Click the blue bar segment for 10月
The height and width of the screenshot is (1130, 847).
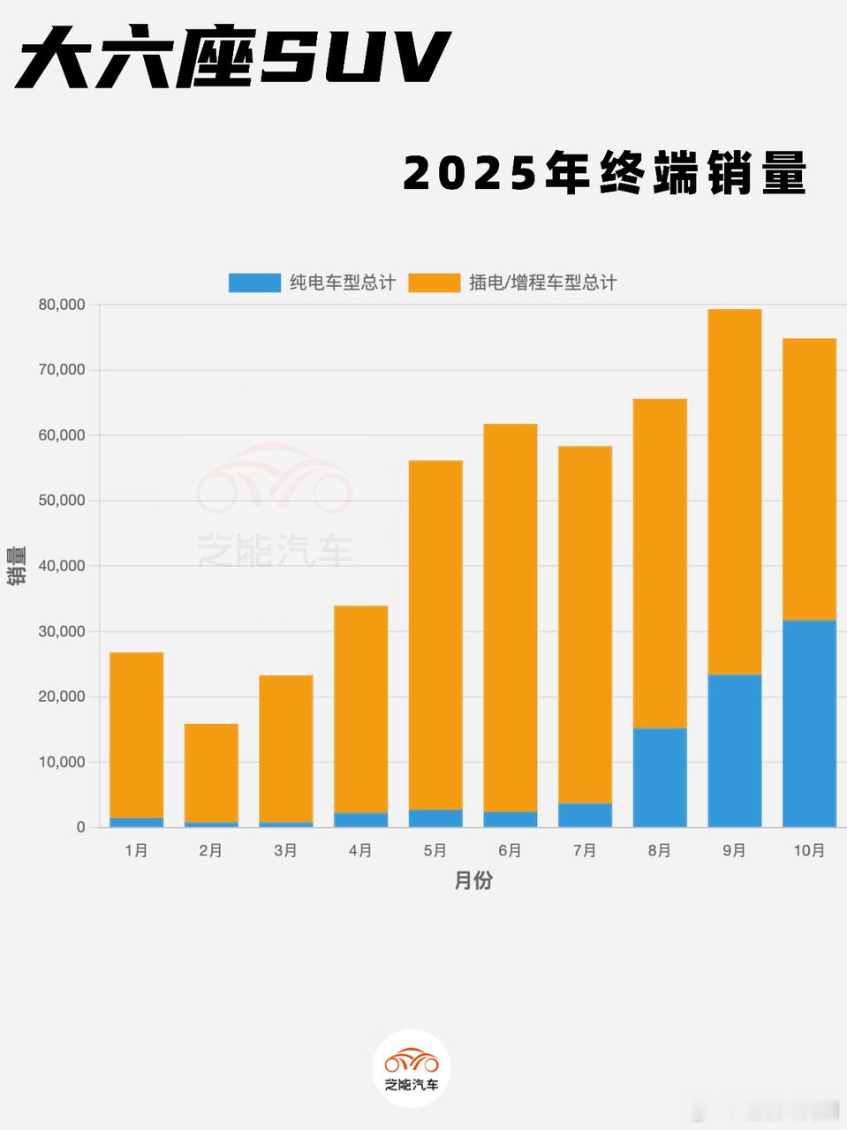[x=809, y=724]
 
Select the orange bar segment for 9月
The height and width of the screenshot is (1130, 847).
[x=734, y=492]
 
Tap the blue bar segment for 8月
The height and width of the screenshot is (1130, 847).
[x=660, y=778]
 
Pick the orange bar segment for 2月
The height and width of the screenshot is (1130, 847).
[x=211, y=773]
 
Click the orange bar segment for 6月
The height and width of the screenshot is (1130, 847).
[x=510, y=618]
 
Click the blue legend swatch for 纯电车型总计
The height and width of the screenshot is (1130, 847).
[x=255, y=282]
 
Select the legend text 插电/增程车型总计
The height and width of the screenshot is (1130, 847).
[x=542, y=282]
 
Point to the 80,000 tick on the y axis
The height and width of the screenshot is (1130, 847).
[x=62, y=305]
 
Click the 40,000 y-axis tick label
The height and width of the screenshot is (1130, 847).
[x=62, y=566]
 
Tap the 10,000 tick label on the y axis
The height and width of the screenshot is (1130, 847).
[x=62, y=762]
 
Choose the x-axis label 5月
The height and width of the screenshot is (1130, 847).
[x=435, y=850]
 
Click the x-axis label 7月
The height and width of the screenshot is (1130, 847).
[x=585, y=850]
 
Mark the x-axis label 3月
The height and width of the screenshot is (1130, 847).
[x=285, y=850]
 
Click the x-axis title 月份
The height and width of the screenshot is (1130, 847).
[x=473, y=880]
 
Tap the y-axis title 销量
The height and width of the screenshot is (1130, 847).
[x=16, y=566]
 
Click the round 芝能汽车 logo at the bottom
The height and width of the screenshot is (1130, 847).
[x=412, y=1067]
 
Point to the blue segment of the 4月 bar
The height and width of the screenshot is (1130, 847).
[x=360, y=820]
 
